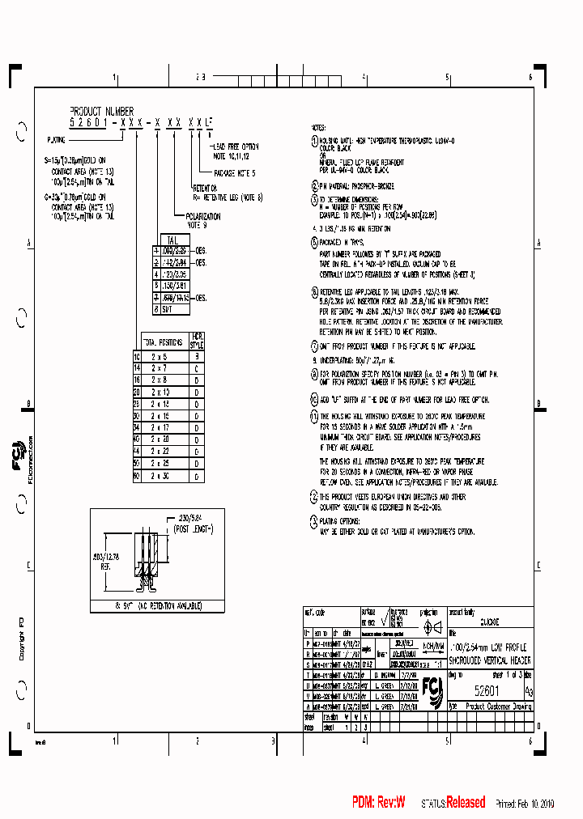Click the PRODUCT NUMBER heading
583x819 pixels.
(x=101, y=111)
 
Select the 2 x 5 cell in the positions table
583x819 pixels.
(x=160, y=356)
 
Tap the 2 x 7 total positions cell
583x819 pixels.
(x=160, y=367)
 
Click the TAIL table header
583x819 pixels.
(x=171, y=240)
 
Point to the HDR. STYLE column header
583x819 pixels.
(x=197, y=342)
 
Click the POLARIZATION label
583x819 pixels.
(x=203, y=218)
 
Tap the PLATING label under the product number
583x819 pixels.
(x=57, y=139)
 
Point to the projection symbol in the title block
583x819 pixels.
(x=432, y=627)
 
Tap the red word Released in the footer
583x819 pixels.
(x=466, y=802)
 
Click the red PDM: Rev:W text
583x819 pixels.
(x=378, y=802)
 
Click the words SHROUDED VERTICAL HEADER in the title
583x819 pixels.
(x=489, y=661)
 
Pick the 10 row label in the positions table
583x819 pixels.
(x=137, y=356)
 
